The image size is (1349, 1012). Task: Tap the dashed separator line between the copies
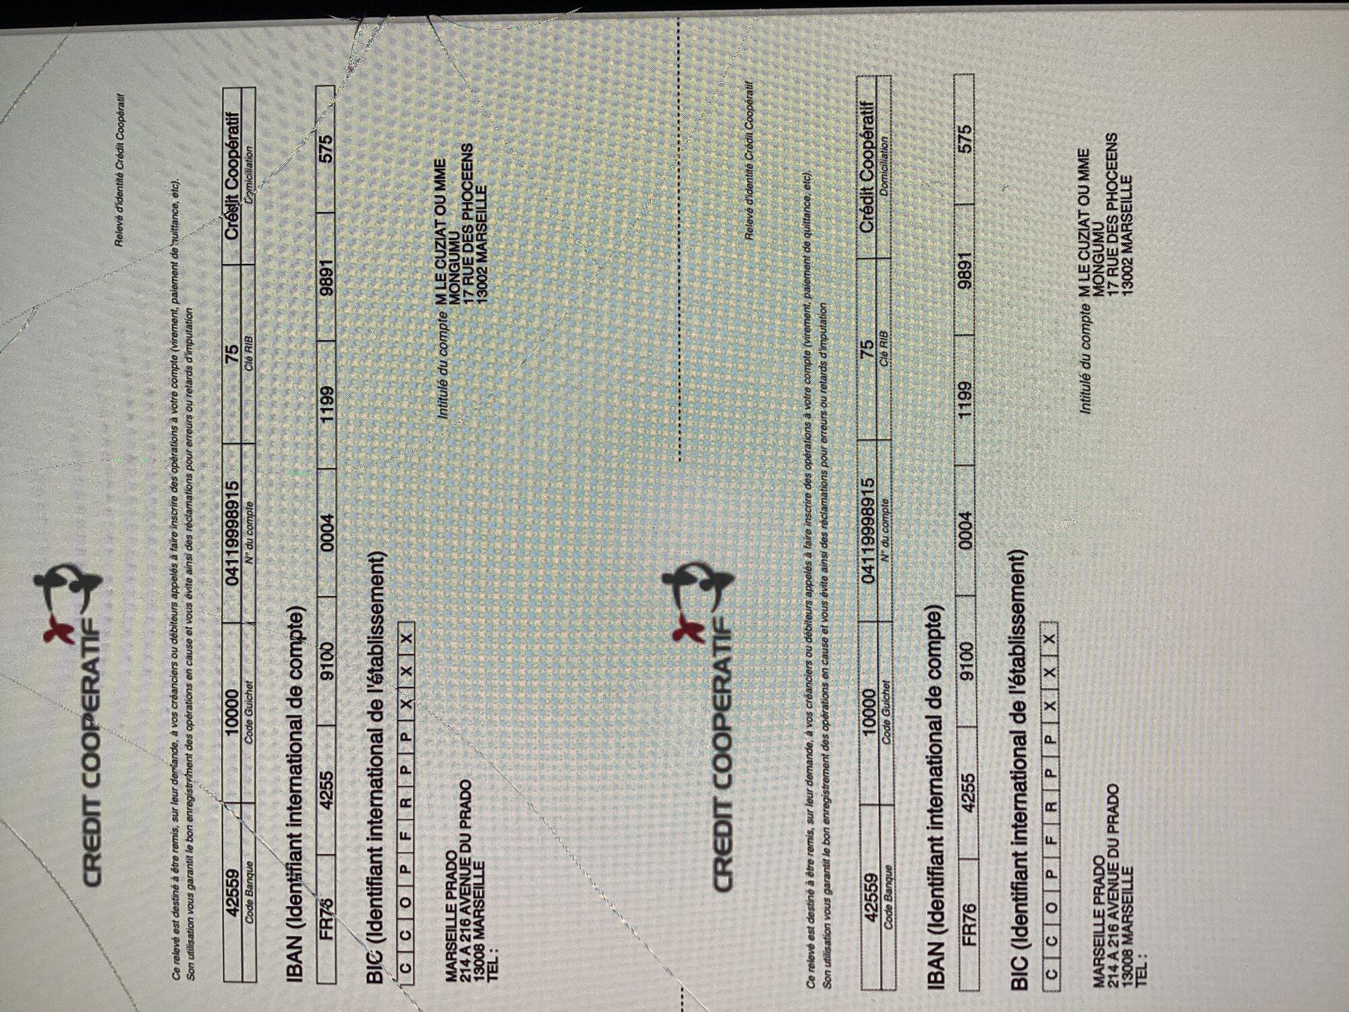679,236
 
